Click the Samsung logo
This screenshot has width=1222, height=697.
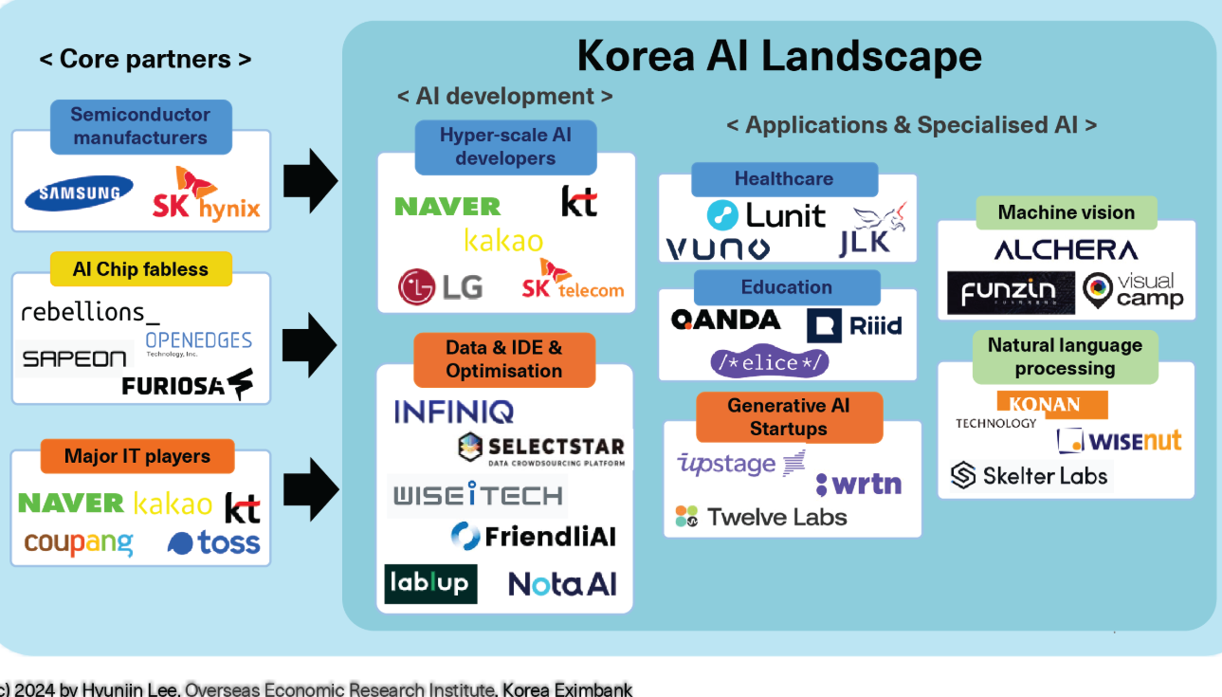[x=79, y=193]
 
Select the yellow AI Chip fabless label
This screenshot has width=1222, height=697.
[x=140, y=269]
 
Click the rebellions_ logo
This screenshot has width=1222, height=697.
[x=90, y=311]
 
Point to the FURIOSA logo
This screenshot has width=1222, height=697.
[x=187, y=385]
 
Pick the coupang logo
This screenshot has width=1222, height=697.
[x=79, y=543]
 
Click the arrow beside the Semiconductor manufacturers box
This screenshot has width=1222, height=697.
[x=310, y=180]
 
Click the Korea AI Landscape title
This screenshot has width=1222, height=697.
[x=779, y=56]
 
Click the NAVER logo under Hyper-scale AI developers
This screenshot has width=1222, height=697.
[x=447, y=206]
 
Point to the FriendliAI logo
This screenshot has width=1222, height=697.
[x=533, y=537]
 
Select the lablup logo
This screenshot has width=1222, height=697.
[x=430, y=583]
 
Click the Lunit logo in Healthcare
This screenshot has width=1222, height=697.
[x=766, y=215]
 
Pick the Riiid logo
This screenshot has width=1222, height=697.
[x=854, y=325]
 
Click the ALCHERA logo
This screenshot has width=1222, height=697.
[x=1066, y=250]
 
